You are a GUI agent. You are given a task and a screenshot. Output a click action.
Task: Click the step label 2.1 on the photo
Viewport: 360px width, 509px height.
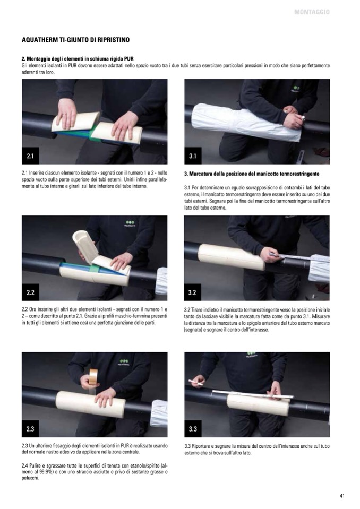[x=30, y=156]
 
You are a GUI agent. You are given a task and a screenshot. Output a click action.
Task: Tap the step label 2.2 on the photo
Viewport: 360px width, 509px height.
[x=30, y=292]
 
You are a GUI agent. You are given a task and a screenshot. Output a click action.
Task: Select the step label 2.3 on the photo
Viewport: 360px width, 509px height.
[x=30, y=429]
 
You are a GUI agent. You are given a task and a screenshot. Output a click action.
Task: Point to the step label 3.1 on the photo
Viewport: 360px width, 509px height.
[x=193, y=156]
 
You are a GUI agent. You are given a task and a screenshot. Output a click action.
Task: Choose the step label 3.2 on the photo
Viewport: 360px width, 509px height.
[x=192, y=292]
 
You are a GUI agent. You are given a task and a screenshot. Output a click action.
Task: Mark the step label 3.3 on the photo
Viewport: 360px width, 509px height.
[x=193, y=429]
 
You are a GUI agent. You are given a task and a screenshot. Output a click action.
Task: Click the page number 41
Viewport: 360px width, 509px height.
[x=342, y=496]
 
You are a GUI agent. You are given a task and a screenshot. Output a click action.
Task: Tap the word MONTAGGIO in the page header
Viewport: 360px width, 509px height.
[x=312, y=12]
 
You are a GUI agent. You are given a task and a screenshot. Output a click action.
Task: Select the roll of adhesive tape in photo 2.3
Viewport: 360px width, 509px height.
[x=93, y=376]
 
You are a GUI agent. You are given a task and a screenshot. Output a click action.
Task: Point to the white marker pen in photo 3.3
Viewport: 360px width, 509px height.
[x=196, y=382]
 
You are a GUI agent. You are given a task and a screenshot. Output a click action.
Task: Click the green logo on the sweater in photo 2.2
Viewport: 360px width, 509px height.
[x=130, y=223]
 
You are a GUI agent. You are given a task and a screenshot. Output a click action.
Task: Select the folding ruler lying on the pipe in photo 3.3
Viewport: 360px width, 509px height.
[x=253, y=394]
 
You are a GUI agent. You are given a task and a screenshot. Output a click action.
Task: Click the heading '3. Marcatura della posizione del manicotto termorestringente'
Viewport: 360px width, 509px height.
[x=252, y=174]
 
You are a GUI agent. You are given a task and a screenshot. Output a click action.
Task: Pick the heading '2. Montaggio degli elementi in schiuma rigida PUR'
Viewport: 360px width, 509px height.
[x=78, y=59]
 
